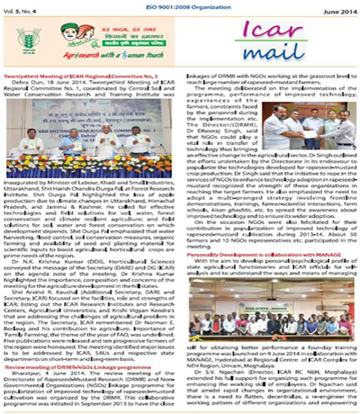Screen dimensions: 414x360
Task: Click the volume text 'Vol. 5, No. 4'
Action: click(x=20, y=7)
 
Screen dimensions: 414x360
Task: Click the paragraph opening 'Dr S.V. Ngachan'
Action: click(x=270, y=378)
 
